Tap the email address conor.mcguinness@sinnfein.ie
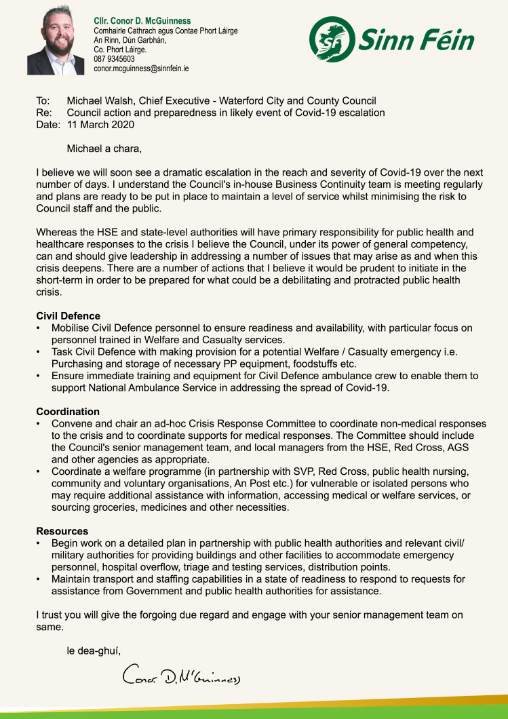point(140,69)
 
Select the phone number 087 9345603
point(114,59)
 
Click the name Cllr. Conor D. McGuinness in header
point(142,21)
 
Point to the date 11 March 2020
point(100,124)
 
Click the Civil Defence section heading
point(68,316)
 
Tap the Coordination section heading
point(68,412)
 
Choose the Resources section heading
point(62,531)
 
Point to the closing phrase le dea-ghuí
point(94,651)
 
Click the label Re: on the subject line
point(43,113)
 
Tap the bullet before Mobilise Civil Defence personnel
point(39,328)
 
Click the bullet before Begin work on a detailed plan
point(39,543)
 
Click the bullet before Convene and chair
point(39,424)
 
